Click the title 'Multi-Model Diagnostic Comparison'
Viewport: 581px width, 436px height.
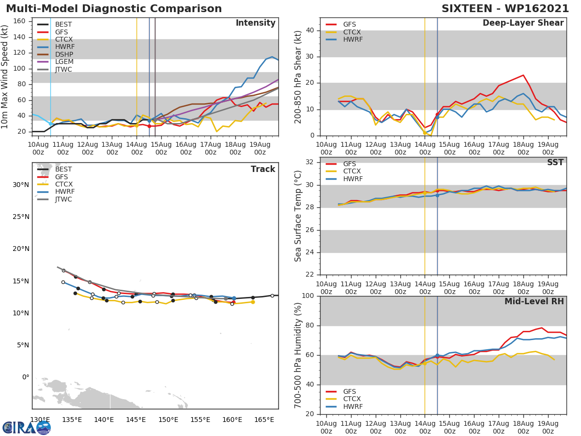[x=114, y=9]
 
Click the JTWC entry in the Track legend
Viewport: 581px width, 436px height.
[x=63, y=200]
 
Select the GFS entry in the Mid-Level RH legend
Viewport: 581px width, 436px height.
[x=352, y=391]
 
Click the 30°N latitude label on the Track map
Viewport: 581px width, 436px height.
[x=21, y=185]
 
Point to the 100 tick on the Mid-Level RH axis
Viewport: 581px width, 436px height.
[x=307, y=296]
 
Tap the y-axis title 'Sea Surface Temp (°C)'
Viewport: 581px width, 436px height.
[x=299, y=216]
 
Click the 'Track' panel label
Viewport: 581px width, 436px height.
[x=262, y=169]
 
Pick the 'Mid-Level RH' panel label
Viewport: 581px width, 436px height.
[x=534, y=302]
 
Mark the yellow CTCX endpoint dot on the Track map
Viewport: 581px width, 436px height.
[x=253, y=302]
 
